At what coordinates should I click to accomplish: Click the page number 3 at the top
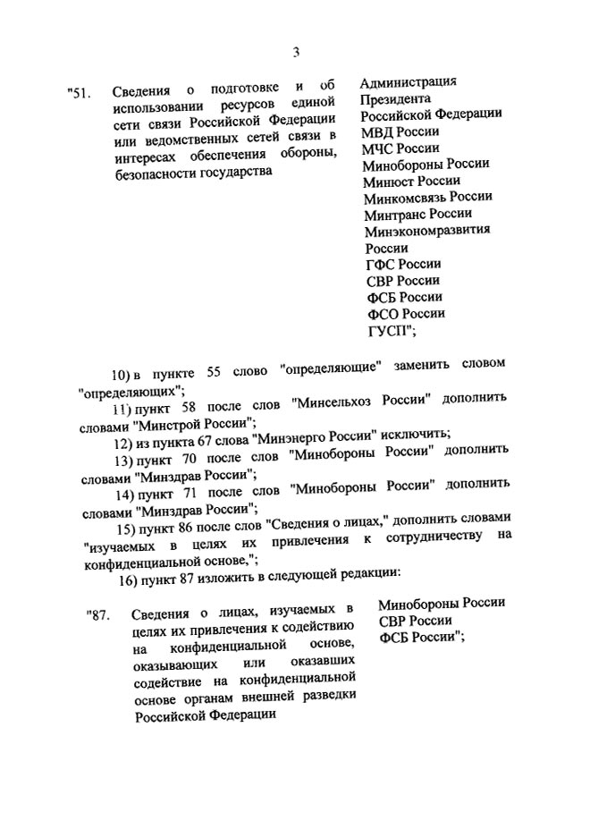295,52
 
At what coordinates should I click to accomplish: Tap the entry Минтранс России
417,214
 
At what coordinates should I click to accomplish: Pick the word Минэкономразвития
427,230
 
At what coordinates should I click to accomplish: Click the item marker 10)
119,372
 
